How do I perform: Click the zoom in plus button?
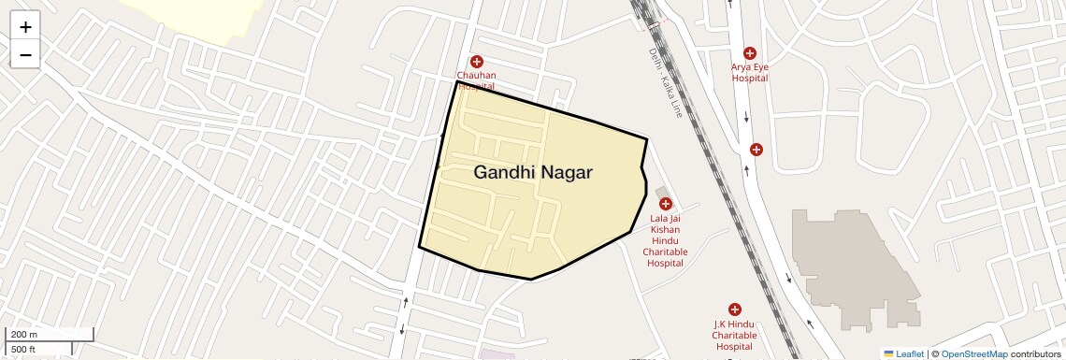coord(25,27)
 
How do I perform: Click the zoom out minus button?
coord(25,55)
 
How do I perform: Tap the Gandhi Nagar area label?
coord(533,173)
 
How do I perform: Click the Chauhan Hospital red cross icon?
coord(477,61)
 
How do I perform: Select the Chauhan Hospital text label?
coord(477,79)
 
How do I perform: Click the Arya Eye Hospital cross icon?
coord(749,53)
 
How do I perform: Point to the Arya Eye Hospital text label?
coord(749,73)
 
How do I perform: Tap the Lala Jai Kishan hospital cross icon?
coord(666,204)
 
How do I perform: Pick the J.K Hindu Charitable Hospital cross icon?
coord(734,310)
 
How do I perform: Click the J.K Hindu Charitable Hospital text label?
coord(734,335)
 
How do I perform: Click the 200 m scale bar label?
coord(25,334)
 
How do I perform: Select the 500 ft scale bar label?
coord(24,350)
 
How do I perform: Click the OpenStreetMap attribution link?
coord(973,353)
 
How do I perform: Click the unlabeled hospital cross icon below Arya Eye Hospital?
coord(756,150)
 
